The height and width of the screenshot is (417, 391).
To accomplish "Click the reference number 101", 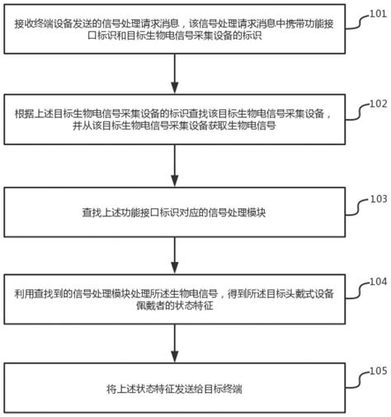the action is click(378, 14).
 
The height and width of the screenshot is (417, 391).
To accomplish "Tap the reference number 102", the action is click(378, 104).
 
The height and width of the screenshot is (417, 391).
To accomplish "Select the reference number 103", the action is click(379, 199).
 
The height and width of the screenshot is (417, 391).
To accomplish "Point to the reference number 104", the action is click(378, 282).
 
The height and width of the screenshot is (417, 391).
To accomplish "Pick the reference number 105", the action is click(378, 371).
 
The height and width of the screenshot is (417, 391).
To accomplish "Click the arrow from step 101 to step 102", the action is click(175, 73).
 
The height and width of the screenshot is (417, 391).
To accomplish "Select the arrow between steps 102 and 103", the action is click(175, 166).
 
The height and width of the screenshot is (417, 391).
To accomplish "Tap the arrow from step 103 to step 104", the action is click(175, 255).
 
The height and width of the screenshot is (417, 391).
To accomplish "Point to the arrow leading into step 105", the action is click(175, 344).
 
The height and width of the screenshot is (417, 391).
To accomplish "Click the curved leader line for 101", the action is click(357, 22).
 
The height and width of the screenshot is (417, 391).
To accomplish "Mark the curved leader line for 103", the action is click(357, 208).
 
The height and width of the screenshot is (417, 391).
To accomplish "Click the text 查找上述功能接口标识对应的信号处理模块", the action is click(174, 212).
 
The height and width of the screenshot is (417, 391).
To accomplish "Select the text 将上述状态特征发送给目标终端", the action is click(174, 389).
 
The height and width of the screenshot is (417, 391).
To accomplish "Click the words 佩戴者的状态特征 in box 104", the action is click(175, 306).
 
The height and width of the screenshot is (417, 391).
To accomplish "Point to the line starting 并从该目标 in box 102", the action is click(174, 126).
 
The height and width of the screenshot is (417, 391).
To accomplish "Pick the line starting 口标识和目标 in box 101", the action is click(175, 36).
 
